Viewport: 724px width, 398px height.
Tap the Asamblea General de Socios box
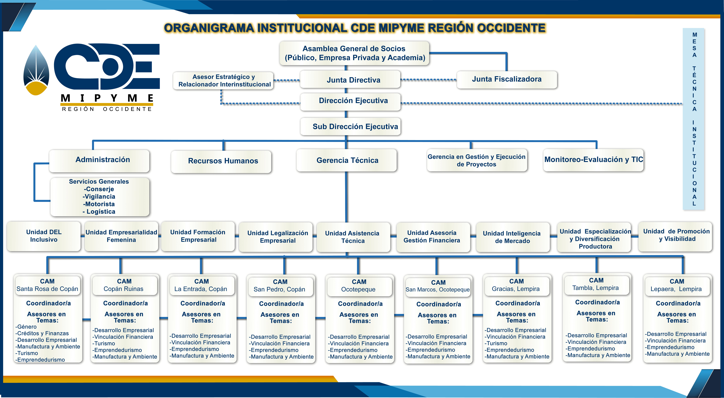point(354,53)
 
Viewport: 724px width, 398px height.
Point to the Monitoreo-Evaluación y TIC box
point(593,160)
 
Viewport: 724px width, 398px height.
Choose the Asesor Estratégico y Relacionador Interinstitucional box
point(223,81)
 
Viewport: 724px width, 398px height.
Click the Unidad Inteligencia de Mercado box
point(512,237)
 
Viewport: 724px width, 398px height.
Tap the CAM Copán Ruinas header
point(124,285)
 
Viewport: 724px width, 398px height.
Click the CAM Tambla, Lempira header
point(596,284)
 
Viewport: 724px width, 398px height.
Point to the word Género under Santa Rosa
point(27,327)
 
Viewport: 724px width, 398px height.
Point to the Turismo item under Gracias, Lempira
point(497,343)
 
